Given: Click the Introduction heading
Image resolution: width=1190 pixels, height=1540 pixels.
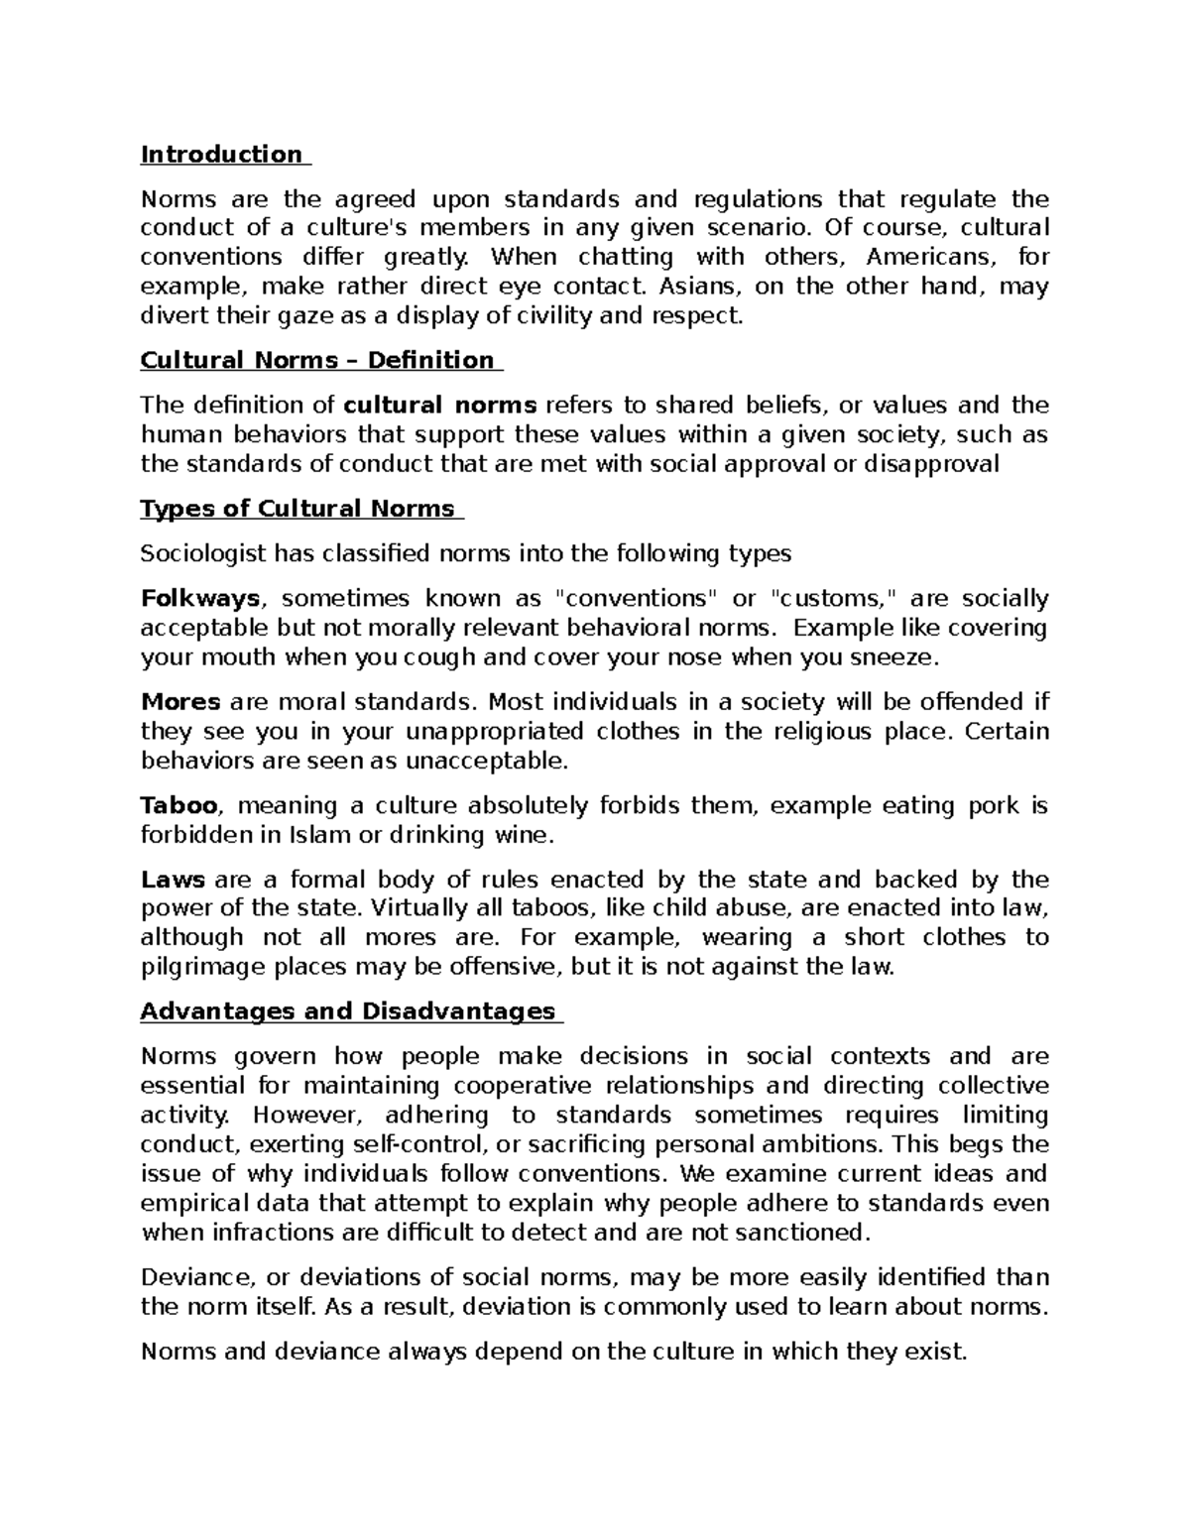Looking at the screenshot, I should pyautogui.click(x=221, y=155).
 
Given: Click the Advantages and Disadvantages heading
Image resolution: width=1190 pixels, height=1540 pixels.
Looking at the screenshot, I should pyautogui.click(x=347, y=1011).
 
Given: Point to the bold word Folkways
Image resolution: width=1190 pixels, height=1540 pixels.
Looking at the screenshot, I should pyautogui.click(x=200, y=599).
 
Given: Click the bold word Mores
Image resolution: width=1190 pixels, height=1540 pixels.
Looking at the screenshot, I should pyautogui.click(x=179, y=702).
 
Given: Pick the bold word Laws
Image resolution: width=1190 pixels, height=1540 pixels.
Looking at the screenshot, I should pyautogui.click(x=173, y=880).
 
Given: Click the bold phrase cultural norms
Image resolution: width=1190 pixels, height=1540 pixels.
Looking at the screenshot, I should pyautogui.click(x=439, y=405).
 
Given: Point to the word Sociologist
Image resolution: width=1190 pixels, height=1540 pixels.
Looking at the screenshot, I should pyautogui.click(x=203, y=553).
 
